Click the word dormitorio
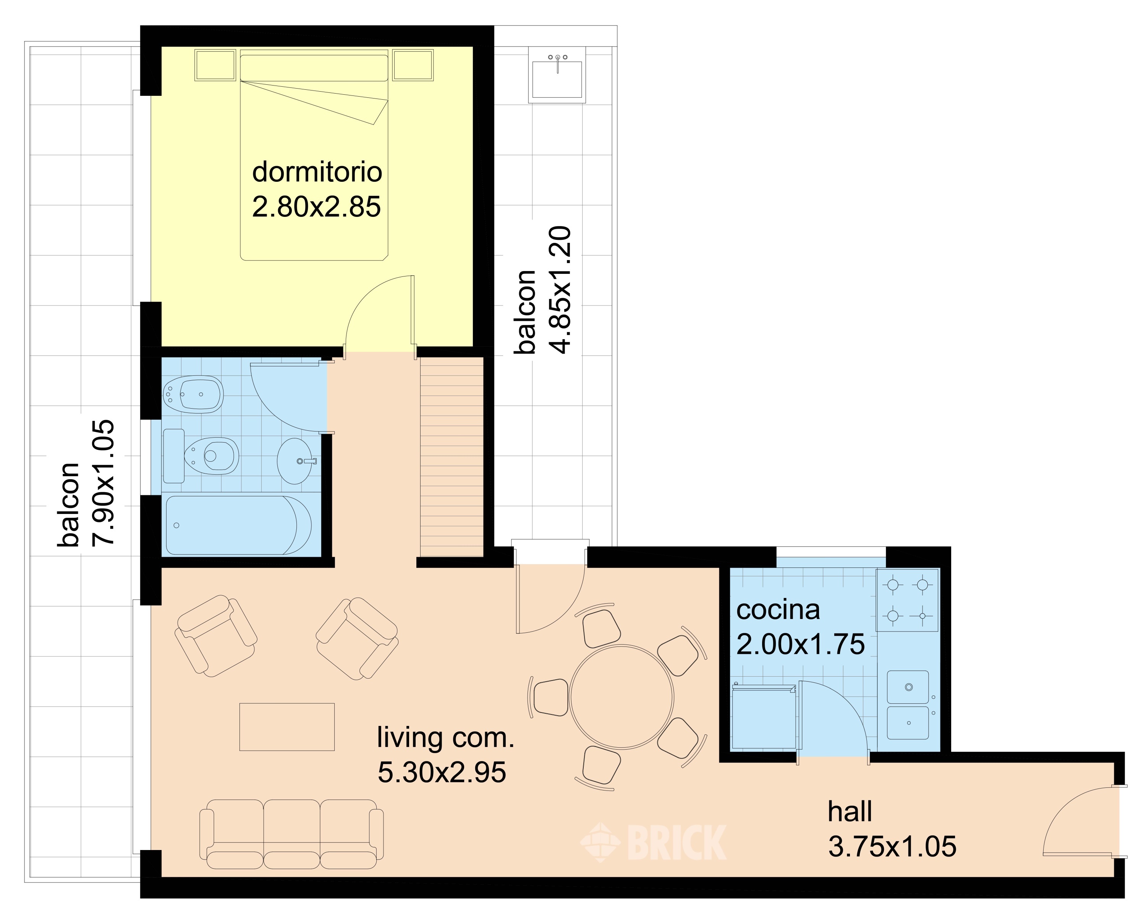(317, 172)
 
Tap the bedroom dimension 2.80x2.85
(316, 207)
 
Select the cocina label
(778, 610)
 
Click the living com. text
(445, 738)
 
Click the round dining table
(622, 697)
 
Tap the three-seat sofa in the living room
(291, 834)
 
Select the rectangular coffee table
(287, 727)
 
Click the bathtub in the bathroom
(239, 525)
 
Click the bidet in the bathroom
(193, 394)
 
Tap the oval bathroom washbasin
(296, 461)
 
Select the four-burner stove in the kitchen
(907, 600)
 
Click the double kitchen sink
(908, 705)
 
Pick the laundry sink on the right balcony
(557, 75)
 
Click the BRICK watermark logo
(653, 842)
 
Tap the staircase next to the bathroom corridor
(452, 457)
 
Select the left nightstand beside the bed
(215, 65)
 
